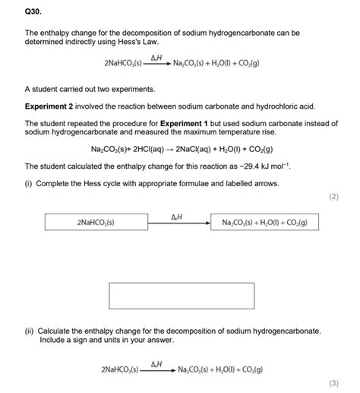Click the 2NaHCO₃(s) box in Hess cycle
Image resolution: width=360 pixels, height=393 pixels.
[x=95, y=222]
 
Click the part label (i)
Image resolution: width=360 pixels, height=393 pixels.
[x=30, y=183]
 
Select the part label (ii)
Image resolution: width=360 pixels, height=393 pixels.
[x=30, y=331]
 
